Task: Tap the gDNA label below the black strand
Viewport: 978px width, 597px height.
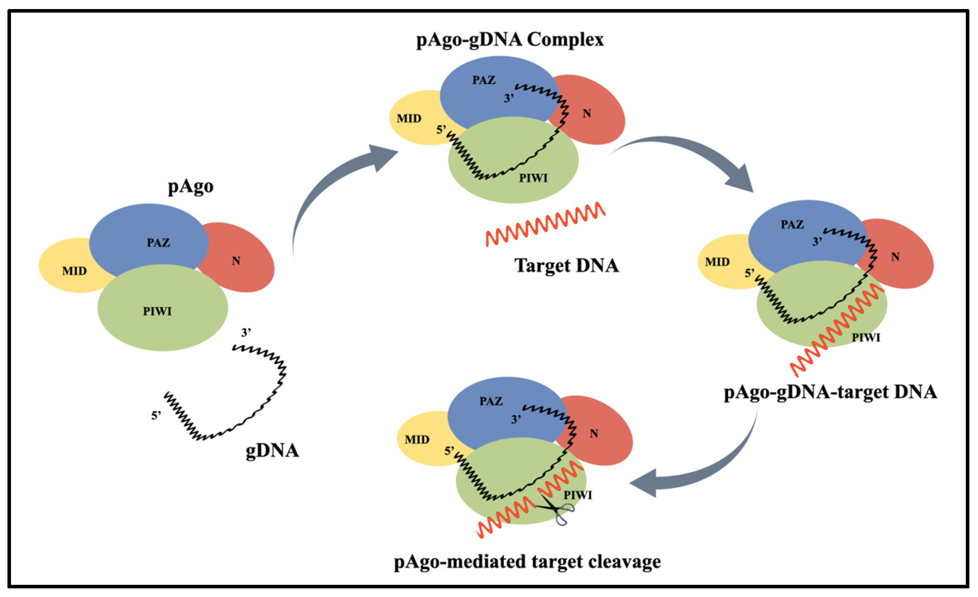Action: coord(272,451)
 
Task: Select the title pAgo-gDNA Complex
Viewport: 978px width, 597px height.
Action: coord(510,40)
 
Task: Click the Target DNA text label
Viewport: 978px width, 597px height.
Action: coord(566,266)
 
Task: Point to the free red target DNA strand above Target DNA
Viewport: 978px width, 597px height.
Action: coord(546,225)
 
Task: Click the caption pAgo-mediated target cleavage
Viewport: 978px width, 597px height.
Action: coord(527,562)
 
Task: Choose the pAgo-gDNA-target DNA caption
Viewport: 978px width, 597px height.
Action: coord(830,392)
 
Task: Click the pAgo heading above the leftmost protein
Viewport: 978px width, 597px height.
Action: coord(191,186)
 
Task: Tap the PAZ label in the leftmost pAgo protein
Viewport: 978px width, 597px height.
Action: coord(158,242)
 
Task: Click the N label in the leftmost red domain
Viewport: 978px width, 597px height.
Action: coord(236,261)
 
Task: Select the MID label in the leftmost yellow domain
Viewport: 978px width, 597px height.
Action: coord(74,271)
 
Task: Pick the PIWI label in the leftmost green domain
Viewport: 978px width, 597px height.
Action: coord(158,311)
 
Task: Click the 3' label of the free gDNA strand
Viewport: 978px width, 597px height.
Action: coord(246,332)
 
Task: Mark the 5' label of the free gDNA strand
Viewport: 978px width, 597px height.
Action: coord(156,416)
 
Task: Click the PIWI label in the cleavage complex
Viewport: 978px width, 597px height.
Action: coord(578,495)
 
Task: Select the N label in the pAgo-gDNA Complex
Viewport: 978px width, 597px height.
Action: coord(586,114)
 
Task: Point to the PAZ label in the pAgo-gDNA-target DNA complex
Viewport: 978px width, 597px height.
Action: coord(792,225)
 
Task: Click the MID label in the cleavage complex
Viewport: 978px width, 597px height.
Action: coord(417,440)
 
